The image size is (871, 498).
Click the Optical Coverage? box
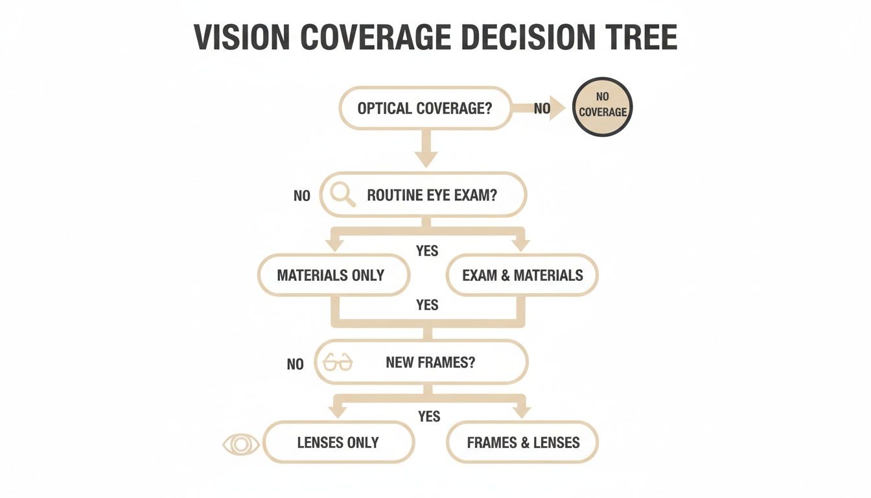[425, 108]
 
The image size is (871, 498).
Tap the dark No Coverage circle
[603, 106]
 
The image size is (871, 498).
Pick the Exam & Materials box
[522, 275]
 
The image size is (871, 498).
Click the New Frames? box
[421, 362]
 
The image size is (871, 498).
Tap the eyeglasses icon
[338, 362]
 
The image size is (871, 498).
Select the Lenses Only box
[338, 443]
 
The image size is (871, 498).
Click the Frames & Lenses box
[522, 443]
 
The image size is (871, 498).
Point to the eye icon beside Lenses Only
[241, 444]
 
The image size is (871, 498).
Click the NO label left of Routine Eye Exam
[302, 196]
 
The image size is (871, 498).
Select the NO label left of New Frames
[296, 364]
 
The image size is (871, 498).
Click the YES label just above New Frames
[427, 305]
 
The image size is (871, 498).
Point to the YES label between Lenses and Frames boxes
[429, 416]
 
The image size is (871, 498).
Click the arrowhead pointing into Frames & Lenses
[522, 412]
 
